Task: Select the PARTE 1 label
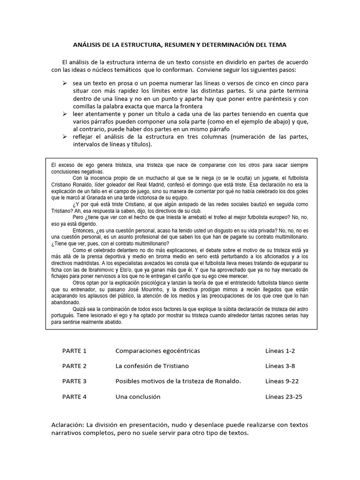click(75, 351)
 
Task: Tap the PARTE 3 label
click(75, 381)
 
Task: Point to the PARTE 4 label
click(75, 397)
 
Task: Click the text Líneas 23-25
click(284, 397)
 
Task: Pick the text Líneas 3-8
click(280, 366)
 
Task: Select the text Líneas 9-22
click(282, 381)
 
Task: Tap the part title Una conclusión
click(138, 397)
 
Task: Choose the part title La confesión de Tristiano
click(152, 366)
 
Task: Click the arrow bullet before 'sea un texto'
click(65, 82)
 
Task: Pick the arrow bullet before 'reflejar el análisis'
click(65, 136)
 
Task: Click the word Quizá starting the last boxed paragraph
click(81, 309)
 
